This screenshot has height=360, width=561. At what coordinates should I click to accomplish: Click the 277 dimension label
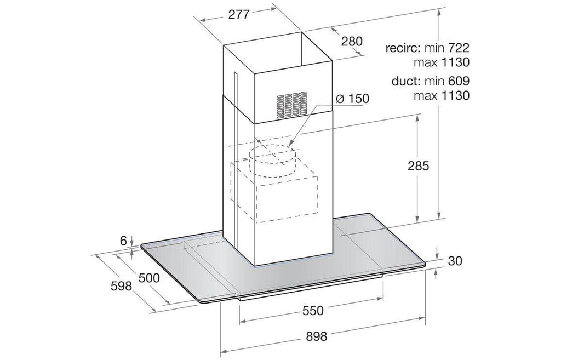[x=239, y=14]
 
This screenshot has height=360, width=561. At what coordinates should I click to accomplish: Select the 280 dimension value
[x=352, y=41]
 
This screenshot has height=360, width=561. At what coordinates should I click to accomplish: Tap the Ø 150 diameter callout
[x=352, y=99]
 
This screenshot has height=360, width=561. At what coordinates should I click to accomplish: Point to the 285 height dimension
[x=418, y=165]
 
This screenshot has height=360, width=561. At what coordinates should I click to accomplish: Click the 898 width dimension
[x=317, y=336]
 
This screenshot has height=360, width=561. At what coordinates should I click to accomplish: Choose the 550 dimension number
[x=313, y=311]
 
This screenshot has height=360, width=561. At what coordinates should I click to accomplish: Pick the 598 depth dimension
[x=121, y=286]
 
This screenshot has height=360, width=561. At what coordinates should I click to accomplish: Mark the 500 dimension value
[x=149, y=278]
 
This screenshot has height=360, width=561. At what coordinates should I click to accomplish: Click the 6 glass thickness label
[x=123, y=241]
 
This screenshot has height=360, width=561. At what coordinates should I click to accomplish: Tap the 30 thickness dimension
[x=455, y=261]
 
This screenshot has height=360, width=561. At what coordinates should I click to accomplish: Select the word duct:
[x=406, y=81]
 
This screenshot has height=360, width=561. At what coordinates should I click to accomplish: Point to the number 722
[x=458, y=48]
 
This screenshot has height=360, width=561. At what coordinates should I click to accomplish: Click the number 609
[x=459, y=81]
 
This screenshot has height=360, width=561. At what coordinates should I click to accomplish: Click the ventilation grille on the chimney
[x=293, y=105]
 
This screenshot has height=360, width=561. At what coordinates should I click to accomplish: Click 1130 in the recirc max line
[x=455, y=62]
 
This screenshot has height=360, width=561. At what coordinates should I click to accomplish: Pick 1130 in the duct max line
[x=455, y=96]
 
